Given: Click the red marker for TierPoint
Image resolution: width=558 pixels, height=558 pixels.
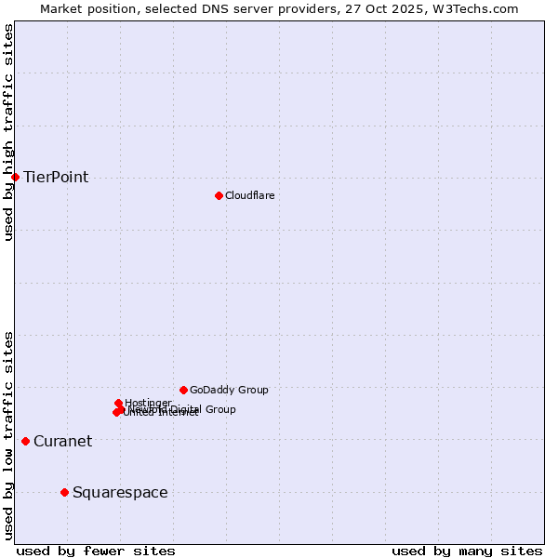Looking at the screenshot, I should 15,177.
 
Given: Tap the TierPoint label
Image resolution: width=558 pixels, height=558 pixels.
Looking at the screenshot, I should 56,178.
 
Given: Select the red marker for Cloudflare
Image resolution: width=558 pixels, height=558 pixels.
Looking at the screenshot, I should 219,195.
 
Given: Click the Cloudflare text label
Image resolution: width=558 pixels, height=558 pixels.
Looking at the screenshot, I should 249,195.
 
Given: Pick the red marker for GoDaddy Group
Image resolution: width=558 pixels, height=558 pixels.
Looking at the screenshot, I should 183,390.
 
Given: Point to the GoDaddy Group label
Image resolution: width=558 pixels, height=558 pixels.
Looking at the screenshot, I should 229,391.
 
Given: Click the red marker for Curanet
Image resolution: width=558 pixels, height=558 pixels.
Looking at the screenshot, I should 25,441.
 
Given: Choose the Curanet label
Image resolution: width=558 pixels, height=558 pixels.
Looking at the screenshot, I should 62,442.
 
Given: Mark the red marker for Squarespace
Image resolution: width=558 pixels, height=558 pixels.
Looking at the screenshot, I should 64,492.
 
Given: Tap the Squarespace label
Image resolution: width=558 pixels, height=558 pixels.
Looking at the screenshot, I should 120,493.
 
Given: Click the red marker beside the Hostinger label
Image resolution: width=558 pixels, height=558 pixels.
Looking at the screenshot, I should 119,404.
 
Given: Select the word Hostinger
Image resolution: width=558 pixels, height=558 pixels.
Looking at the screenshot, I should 149,403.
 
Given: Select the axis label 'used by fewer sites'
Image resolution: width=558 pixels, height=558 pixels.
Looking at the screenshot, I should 96,551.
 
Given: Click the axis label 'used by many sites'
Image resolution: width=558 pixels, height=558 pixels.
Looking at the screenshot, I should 467,551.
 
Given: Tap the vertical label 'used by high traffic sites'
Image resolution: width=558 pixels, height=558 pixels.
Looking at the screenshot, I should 8,132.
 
